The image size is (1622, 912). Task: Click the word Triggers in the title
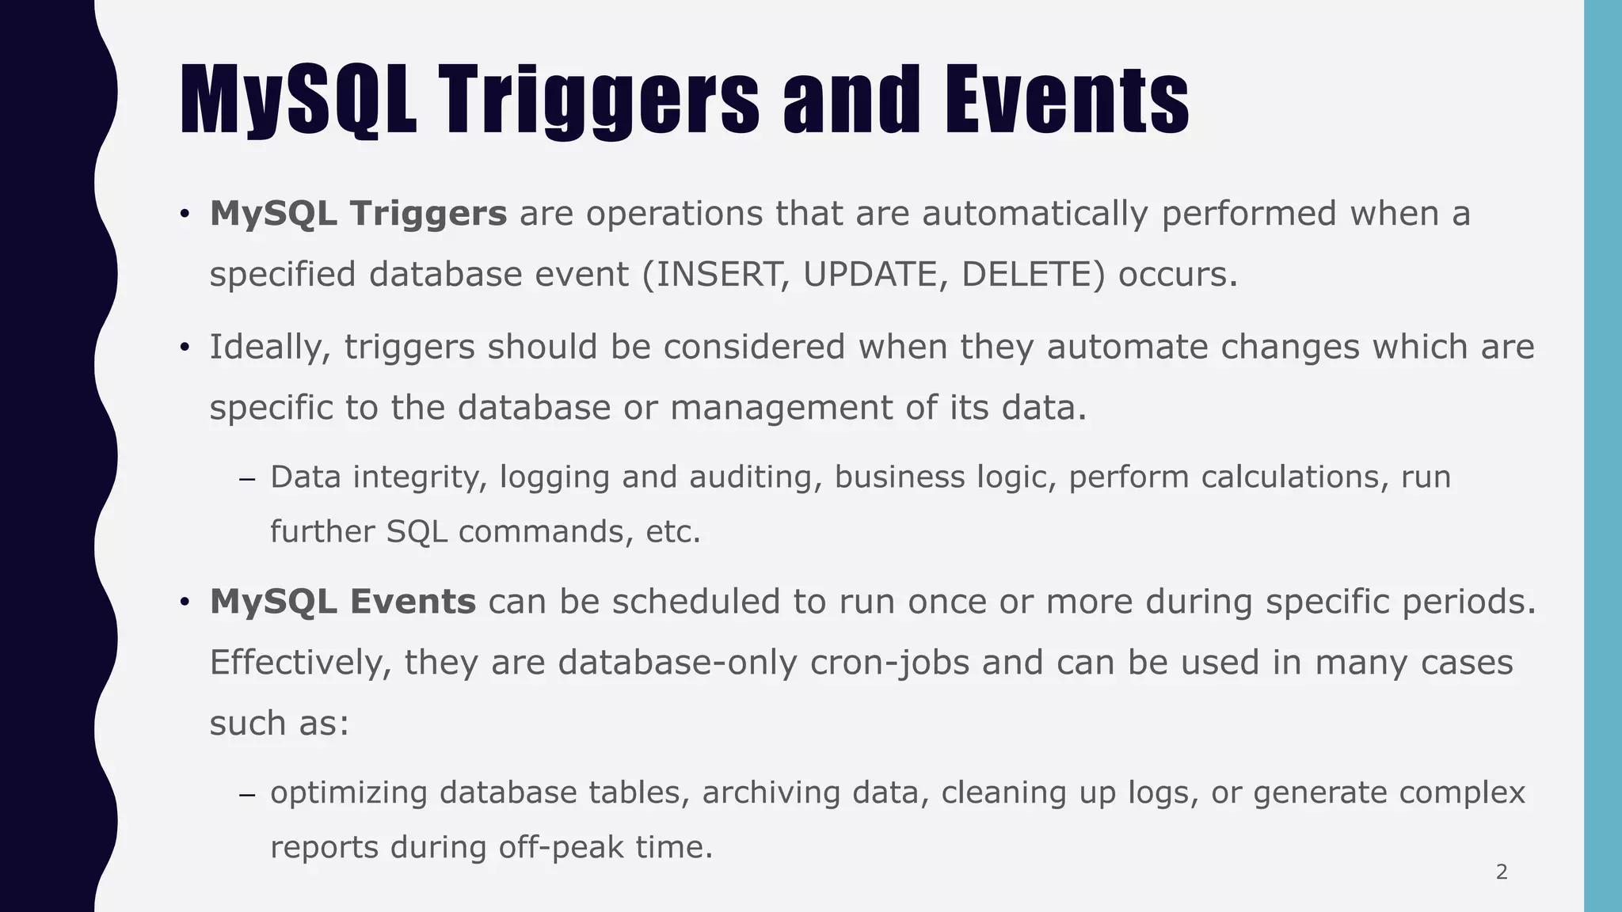pos(599,101)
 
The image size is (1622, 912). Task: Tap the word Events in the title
pos(1066,101)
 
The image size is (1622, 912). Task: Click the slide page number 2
pos(1502,872)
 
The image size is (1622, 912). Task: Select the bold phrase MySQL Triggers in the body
pos(358,214)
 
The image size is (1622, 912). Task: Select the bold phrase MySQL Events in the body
pos(342,602)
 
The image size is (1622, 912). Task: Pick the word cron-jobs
pos(889,663)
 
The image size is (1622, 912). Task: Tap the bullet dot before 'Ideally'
pos(184,348)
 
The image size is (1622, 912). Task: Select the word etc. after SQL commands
pos(673,531)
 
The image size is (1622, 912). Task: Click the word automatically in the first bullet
pos(1034,214)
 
